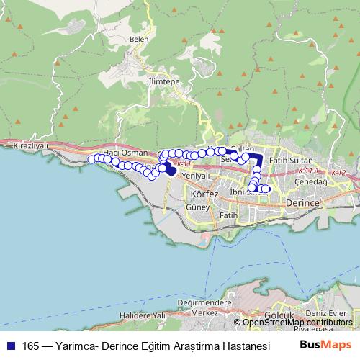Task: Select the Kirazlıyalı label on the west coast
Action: pos(30,145)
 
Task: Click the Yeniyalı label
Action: pos(196,175)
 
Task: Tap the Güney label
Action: pos(197,207)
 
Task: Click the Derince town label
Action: pos(302,204)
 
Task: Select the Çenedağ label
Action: pos(312,183)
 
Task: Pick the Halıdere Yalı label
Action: pos(143,315)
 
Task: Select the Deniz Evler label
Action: pos(326,312)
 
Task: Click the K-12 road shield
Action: pos(339,174)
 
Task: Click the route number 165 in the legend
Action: pos(31,344)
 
